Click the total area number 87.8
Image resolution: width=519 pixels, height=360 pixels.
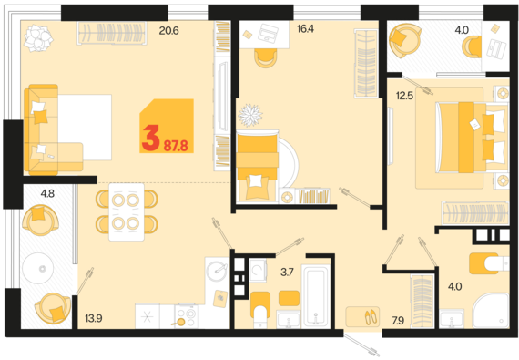[176, 146]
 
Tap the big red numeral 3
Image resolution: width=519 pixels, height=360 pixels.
[151, 138]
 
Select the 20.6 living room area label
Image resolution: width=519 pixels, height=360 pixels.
[168, 31]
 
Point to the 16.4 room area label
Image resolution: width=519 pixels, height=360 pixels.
[306, 29]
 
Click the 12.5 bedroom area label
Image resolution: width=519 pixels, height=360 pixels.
[405, 96]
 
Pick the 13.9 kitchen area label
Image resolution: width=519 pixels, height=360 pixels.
[94, 319]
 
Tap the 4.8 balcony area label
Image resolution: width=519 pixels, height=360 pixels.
[47, 193]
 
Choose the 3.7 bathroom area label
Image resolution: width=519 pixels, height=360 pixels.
[287, 273]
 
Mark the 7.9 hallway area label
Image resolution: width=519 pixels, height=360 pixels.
[398, 321]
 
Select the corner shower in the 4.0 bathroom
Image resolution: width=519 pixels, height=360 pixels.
[491, 310]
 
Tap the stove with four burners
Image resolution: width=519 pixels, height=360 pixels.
[187, 316]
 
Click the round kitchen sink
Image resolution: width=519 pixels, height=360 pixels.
[217, 270]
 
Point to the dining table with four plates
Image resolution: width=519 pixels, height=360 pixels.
[127, 212]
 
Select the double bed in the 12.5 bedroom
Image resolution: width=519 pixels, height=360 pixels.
[472, 137]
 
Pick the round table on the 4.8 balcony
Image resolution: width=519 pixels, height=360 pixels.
[38, 268]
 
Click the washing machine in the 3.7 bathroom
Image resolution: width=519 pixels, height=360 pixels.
[258, 271]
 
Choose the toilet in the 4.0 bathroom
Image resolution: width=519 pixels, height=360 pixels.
[490, 263]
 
